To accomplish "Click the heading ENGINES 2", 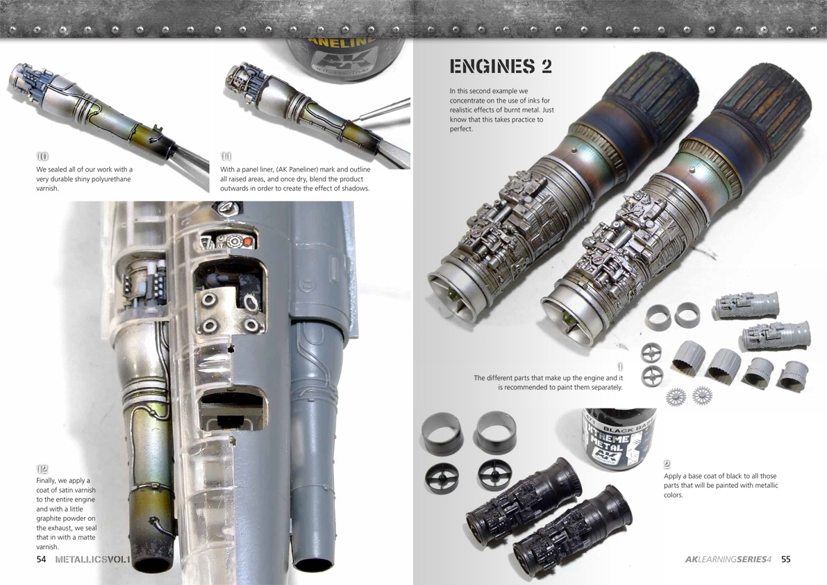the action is [x=501, y=67].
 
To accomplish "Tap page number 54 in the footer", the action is [x=41, y=559].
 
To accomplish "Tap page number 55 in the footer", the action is [x=786, y=559].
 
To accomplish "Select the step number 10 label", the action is [x=42, y=156].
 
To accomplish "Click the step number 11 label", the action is [x=226, y=156].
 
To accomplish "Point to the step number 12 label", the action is [x=42, y=469].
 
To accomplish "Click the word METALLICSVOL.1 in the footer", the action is [x=93, y=559].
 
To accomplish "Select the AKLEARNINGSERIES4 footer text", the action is [x=728, y=559].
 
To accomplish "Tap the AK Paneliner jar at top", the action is [x=345, y=58].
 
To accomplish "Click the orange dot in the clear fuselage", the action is [x=248, y=242].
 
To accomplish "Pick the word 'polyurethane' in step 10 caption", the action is [x=111, y=179].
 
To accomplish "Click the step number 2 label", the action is [x=667, y=464].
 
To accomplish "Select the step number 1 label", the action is [x=619, y=367].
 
